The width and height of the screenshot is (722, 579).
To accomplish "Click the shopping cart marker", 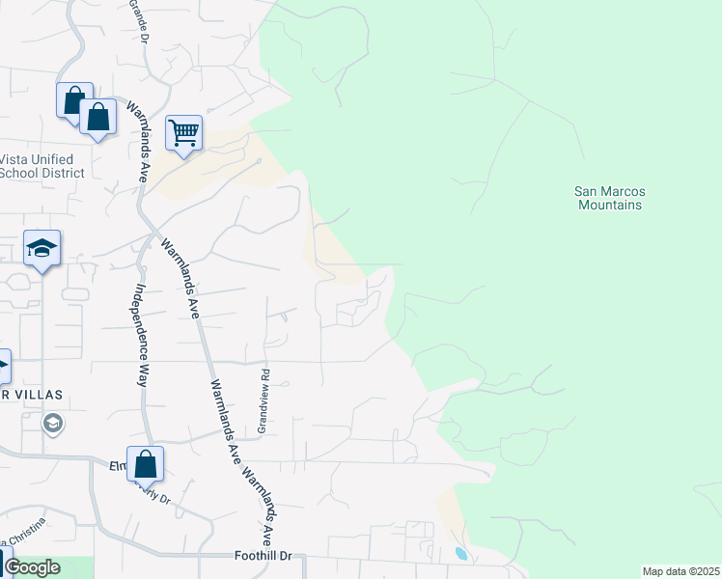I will click(x=183, y=133).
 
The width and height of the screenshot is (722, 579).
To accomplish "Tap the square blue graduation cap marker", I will click(x=42, y=249).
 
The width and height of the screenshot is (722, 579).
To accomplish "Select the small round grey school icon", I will click(x=53, y=423).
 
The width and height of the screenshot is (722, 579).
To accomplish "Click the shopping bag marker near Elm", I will click(x=145, y=464).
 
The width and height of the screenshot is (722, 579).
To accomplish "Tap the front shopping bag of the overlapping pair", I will click(x=98, y=118).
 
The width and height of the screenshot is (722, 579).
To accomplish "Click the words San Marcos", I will click(x=609, y=192).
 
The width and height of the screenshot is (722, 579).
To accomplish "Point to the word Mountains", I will click(x=609, y=206).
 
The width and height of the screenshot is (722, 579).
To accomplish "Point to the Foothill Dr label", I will click(x=269, y=558).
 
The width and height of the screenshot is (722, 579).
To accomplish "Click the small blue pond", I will click(x=460, y=554).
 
